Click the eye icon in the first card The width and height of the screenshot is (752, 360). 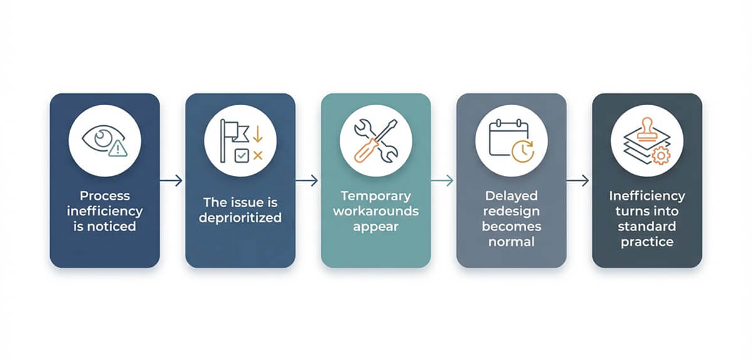click(101, 138)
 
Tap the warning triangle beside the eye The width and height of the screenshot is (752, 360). click(118, 148)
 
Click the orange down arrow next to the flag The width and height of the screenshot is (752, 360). click(258, 134)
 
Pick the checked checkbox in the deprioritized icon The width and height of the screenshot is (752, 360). click(241, 156)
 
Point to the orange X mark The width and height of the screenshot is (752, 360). click(258, 155)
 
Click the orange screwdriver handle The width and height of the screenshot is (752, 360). click(365, 151)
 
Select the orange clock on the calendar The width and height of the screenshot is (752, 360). click(523, 152)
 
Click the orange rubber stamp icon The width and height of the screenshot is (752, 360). click(647, 129)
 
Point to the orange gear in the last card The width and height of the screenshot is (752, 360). click(661, 156)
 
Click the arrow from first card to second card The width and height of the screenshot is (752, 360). click(171, 180)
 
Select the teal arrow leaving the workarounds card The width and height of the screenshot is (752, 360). click(442, 180)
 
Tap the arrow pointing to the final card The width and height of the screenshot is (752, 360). click(578, 180)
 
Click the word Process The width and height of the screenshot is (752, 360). click(105, 195)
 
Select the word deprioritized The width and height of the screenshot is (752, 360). click(240, 218)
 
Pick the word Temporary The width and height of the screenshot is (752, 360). click(376, 196)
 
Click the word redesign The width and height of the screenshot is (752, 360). click(511, 212)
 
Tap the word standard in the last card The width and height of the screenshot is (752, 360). click(647, 227)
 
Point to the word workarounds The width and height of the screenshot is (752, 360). click(376, 211)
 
